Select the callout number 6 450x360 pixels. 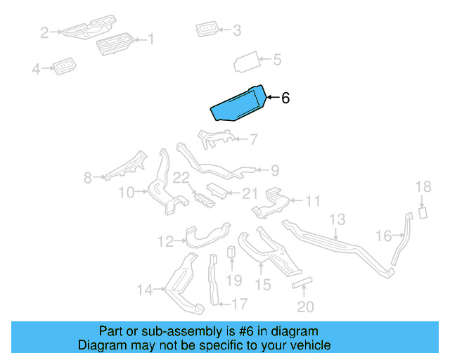tap(285, 98)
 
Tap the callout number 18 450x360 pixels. tap(423, 186)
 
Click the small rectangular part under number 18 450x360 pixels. tap(423, 212)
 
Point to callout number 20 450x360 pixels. tap(306, 307)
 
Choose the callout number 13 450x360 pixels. tap(337, 219)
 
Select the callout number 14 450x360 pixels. tap(144, 288)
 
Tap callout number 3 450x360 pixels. tap(236, 30)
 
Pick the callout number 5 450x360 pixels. tap(277, 60)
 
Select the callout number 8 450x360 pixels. tap(88, 178)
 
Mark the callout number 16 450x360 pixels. tap(383, 236)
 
